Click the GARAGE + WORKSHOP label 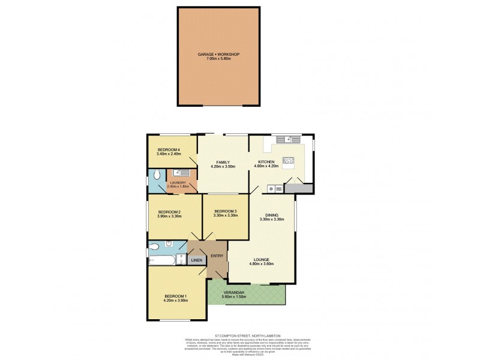point(219,54)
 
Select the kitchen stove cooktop point(288,160)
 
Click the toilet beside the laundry point(157,175)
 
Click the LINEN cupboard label point(197,260)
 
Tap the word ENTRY point(217,256)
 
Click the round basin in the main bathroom point(170,244)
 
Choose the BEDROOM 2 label point(170,212)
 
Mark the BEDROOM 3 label point(226,211)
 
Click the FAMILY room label point(223,162)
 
